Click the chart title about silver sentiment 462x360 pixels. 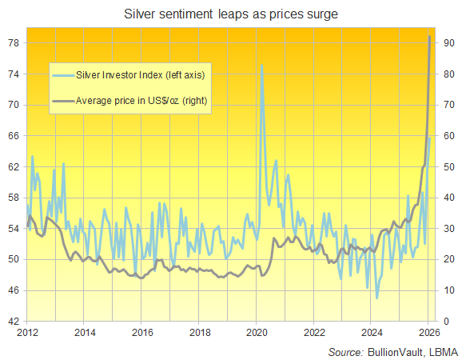click(x=231, y=14)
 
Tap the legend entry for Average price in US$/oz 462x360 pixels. click(x=141, y=101)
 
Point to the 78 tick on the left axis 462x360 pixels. click(x=14, y=43)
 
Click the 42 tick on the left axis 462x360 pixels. click(x=14, y=322)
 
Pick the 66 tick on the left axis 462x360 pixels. click(x=14, y=136)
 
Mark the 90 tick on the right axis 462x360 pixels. click(x=448, y=43)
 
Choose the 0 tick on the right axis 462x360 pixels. click(x=444, y=322)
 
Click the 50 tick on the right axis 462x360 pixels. click(x=448, y=167)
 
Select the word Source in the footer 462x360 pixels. click(x=345, y=351)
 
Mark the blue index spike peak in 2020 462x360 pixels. click(x=261, y=66)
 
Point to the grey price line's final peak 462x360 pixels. click(x=431, y=36)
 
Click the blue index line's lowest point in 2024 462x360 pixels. click(x=376, y=298)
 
